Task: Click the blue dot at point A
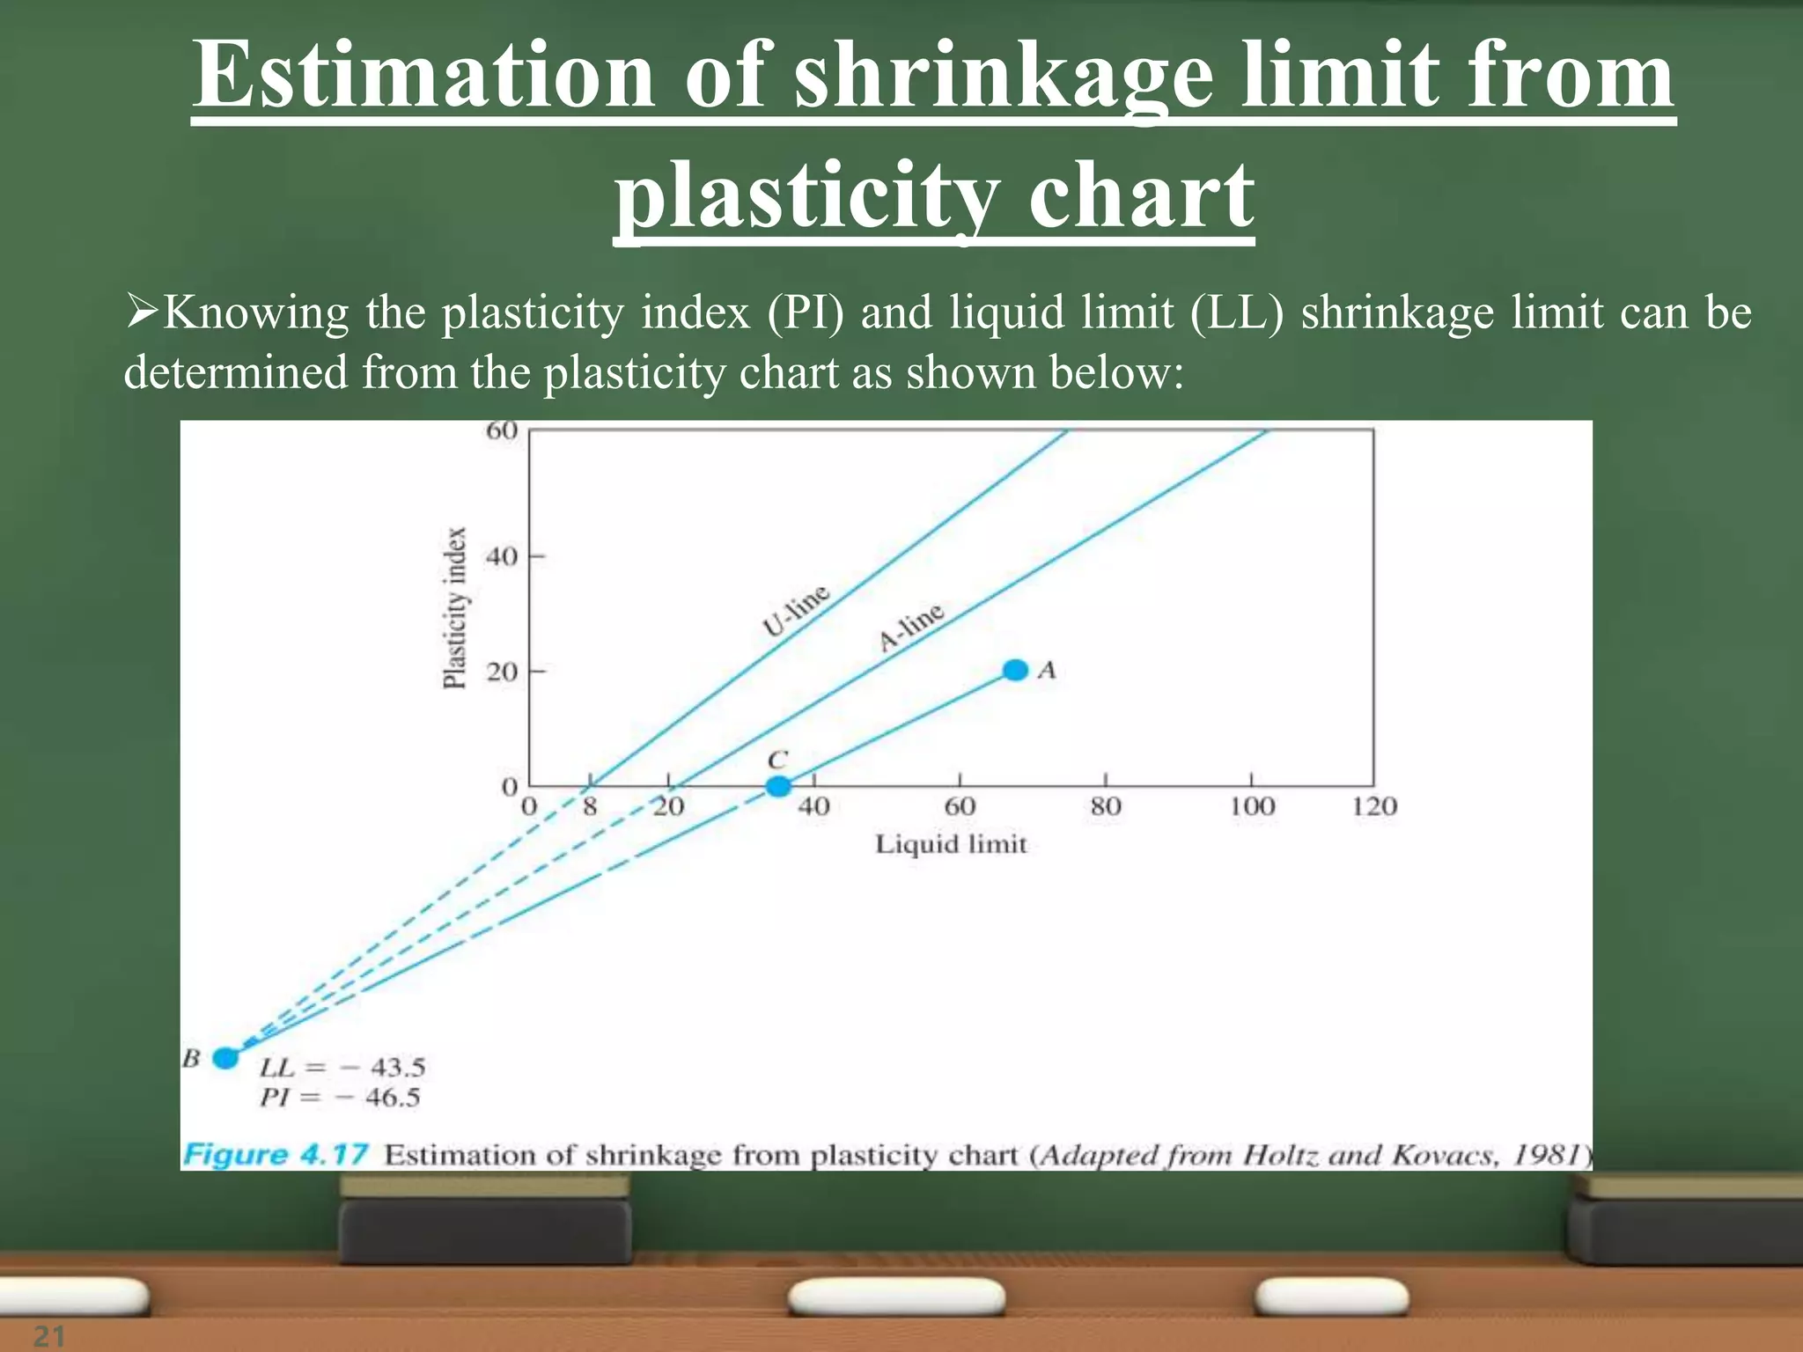tap(1015, 670)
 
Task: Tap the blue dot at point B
tap(226, 1057)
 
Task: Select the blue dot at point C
tap(778, 786)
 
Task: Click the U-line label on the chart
tap(796, 610)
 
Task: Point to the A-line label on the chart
tap(911, 626)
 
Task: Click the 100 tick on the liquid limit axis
tap(1252, 806)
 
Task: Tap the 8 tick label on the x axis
tap(590, 806)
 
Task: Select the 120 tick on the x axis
tap(1374, 806)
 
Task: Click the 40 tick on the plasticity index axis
tap(502, 556)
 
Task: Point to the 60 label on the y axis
tap(502, 430)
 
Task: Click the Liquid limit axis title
tap(951, 844)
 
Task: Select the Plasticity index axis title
tap(454, 607)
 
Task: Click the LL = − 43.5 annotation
tap(342, 1068)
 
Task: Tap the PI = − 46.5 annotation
tap(340, 1098)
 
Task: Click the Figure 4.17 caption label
tap(275, 1155)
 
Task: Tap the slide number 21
tap(48, 1336)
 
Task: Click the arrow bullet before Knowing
tap(141, 312)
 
